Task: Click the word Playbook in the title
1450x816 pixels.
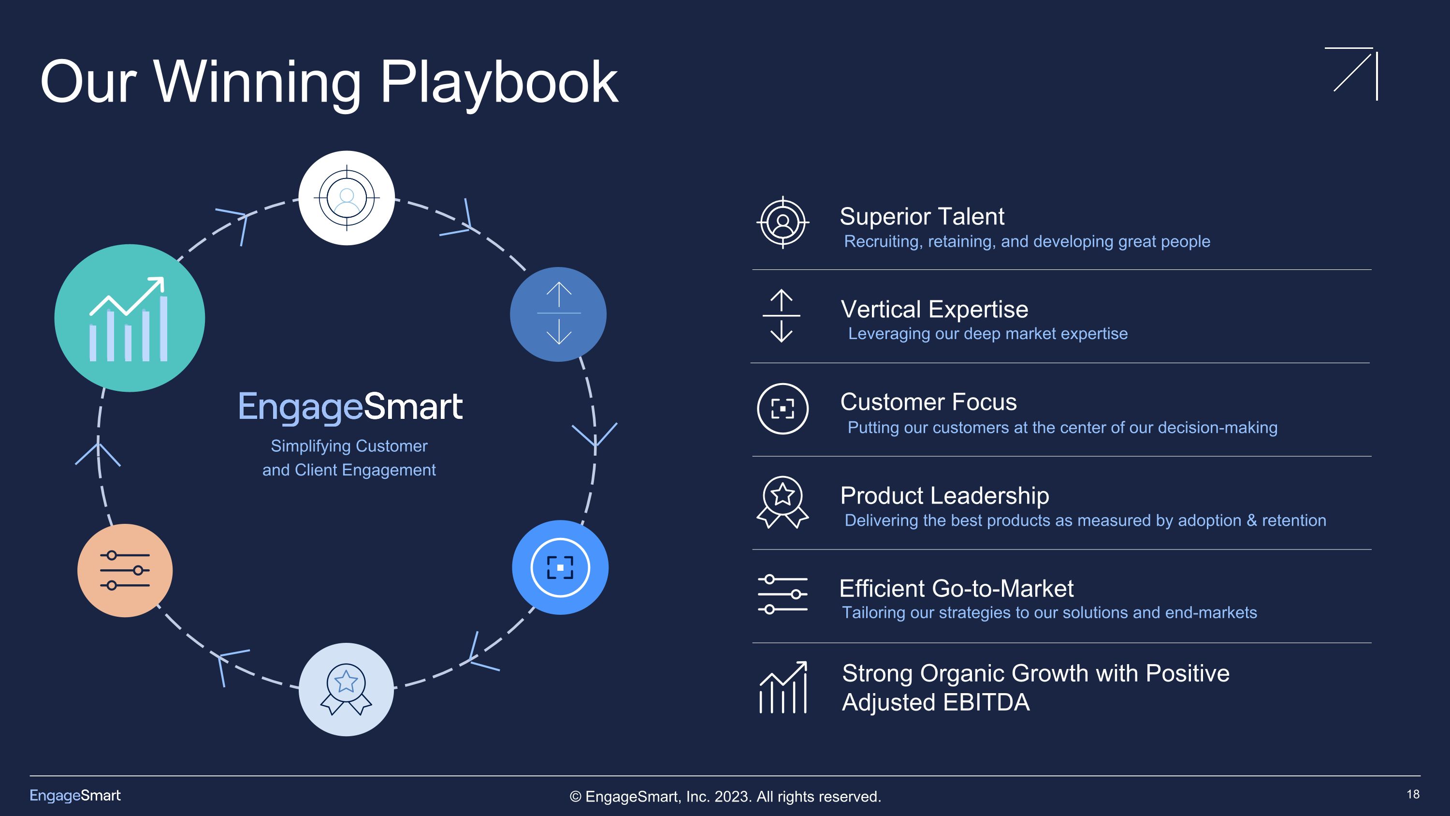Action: click(x=499, y=83)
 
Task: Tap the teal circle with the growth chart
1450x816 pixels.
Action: click(x=130, y=318)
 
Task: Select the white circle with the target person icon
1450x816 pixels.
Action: click(x=346, y=198)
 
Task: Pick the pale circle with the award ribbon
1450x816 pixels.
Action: click(x=346, y=689)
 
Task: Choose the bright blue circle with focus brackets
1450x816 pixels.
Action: click(x=560, y=567)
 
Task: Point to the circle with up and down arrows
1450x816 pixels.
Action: click(x=558, y=313)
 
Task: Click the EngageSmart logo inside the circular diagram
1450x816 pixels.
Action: click(x=350, y=407)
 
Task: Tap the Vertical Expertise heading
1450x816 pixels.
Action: click(x=934, y=309)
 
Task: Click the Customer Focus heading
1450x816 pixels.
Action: click(x=928, y=402)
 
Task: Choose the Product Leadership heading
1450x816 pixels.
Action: click(x=944, y=496)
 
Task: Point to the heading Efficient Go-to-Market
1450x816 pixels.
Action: click(x=956, y=589)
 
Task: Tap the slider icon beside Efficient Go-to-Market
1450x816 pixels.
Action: click(x=783, y=594)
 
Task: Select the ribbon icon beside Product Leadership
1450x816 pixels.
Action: click(x=783, y=502)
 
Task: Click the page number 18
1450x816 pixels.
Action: click(x=1413, y=794)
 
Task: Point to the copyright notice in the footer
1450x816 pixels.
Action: click(x=725, y=796)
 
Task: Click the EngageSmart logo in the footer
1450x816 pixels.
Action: click(x=75, y=795)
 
